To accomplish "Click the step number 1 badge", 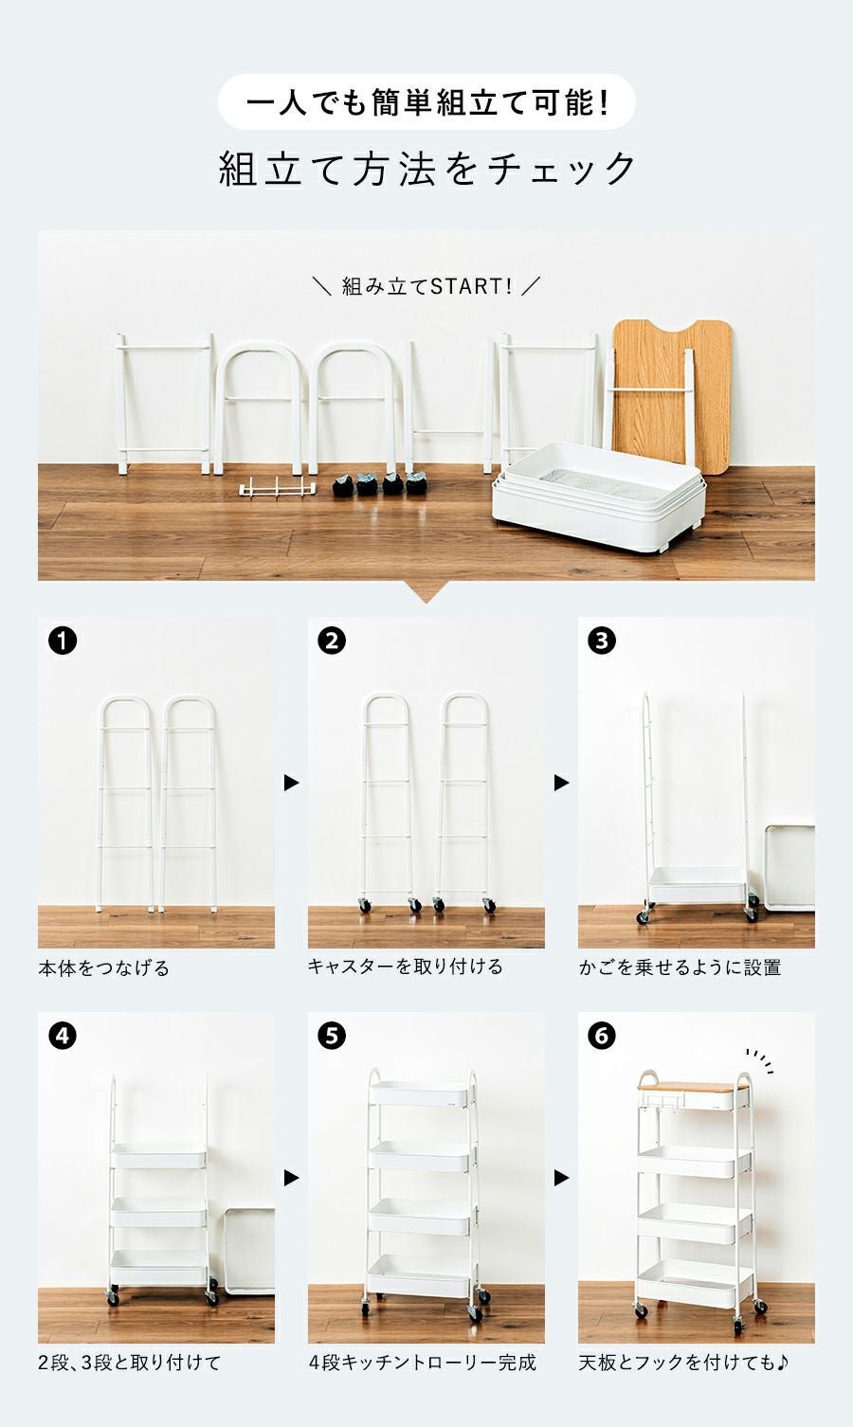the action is (63, 641).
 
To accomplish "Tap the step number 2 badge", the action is (332, 641).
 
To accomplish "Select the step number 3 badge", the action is (602, 641).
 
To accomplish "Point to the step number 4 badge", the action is (63, 1036).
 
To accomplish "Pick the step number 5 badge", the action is (332, 1036).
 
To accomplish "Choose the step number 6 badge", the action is (602, 1036).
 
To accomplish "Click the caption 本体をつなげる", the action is (104, 968).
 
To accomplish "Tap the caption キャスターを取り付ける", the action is (406, 966).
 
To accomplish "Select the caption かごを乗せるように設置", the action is (680, 967).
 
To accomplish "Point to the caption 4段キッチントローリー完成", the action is (423, 1363).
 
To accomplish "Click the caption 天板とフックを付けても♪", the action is (683, 1363).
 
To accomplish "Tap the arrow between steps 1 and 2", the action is (291, 783).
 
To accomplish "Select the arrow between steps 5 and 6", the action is (561, 1178).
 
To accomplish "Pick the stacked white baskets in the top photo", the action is (599, 497).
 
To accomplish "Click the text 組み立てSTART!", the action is (426, 287).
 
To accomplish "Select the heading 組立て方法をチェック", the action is (426, 169).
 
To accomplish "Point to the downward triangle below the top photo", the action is (426, 591).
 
